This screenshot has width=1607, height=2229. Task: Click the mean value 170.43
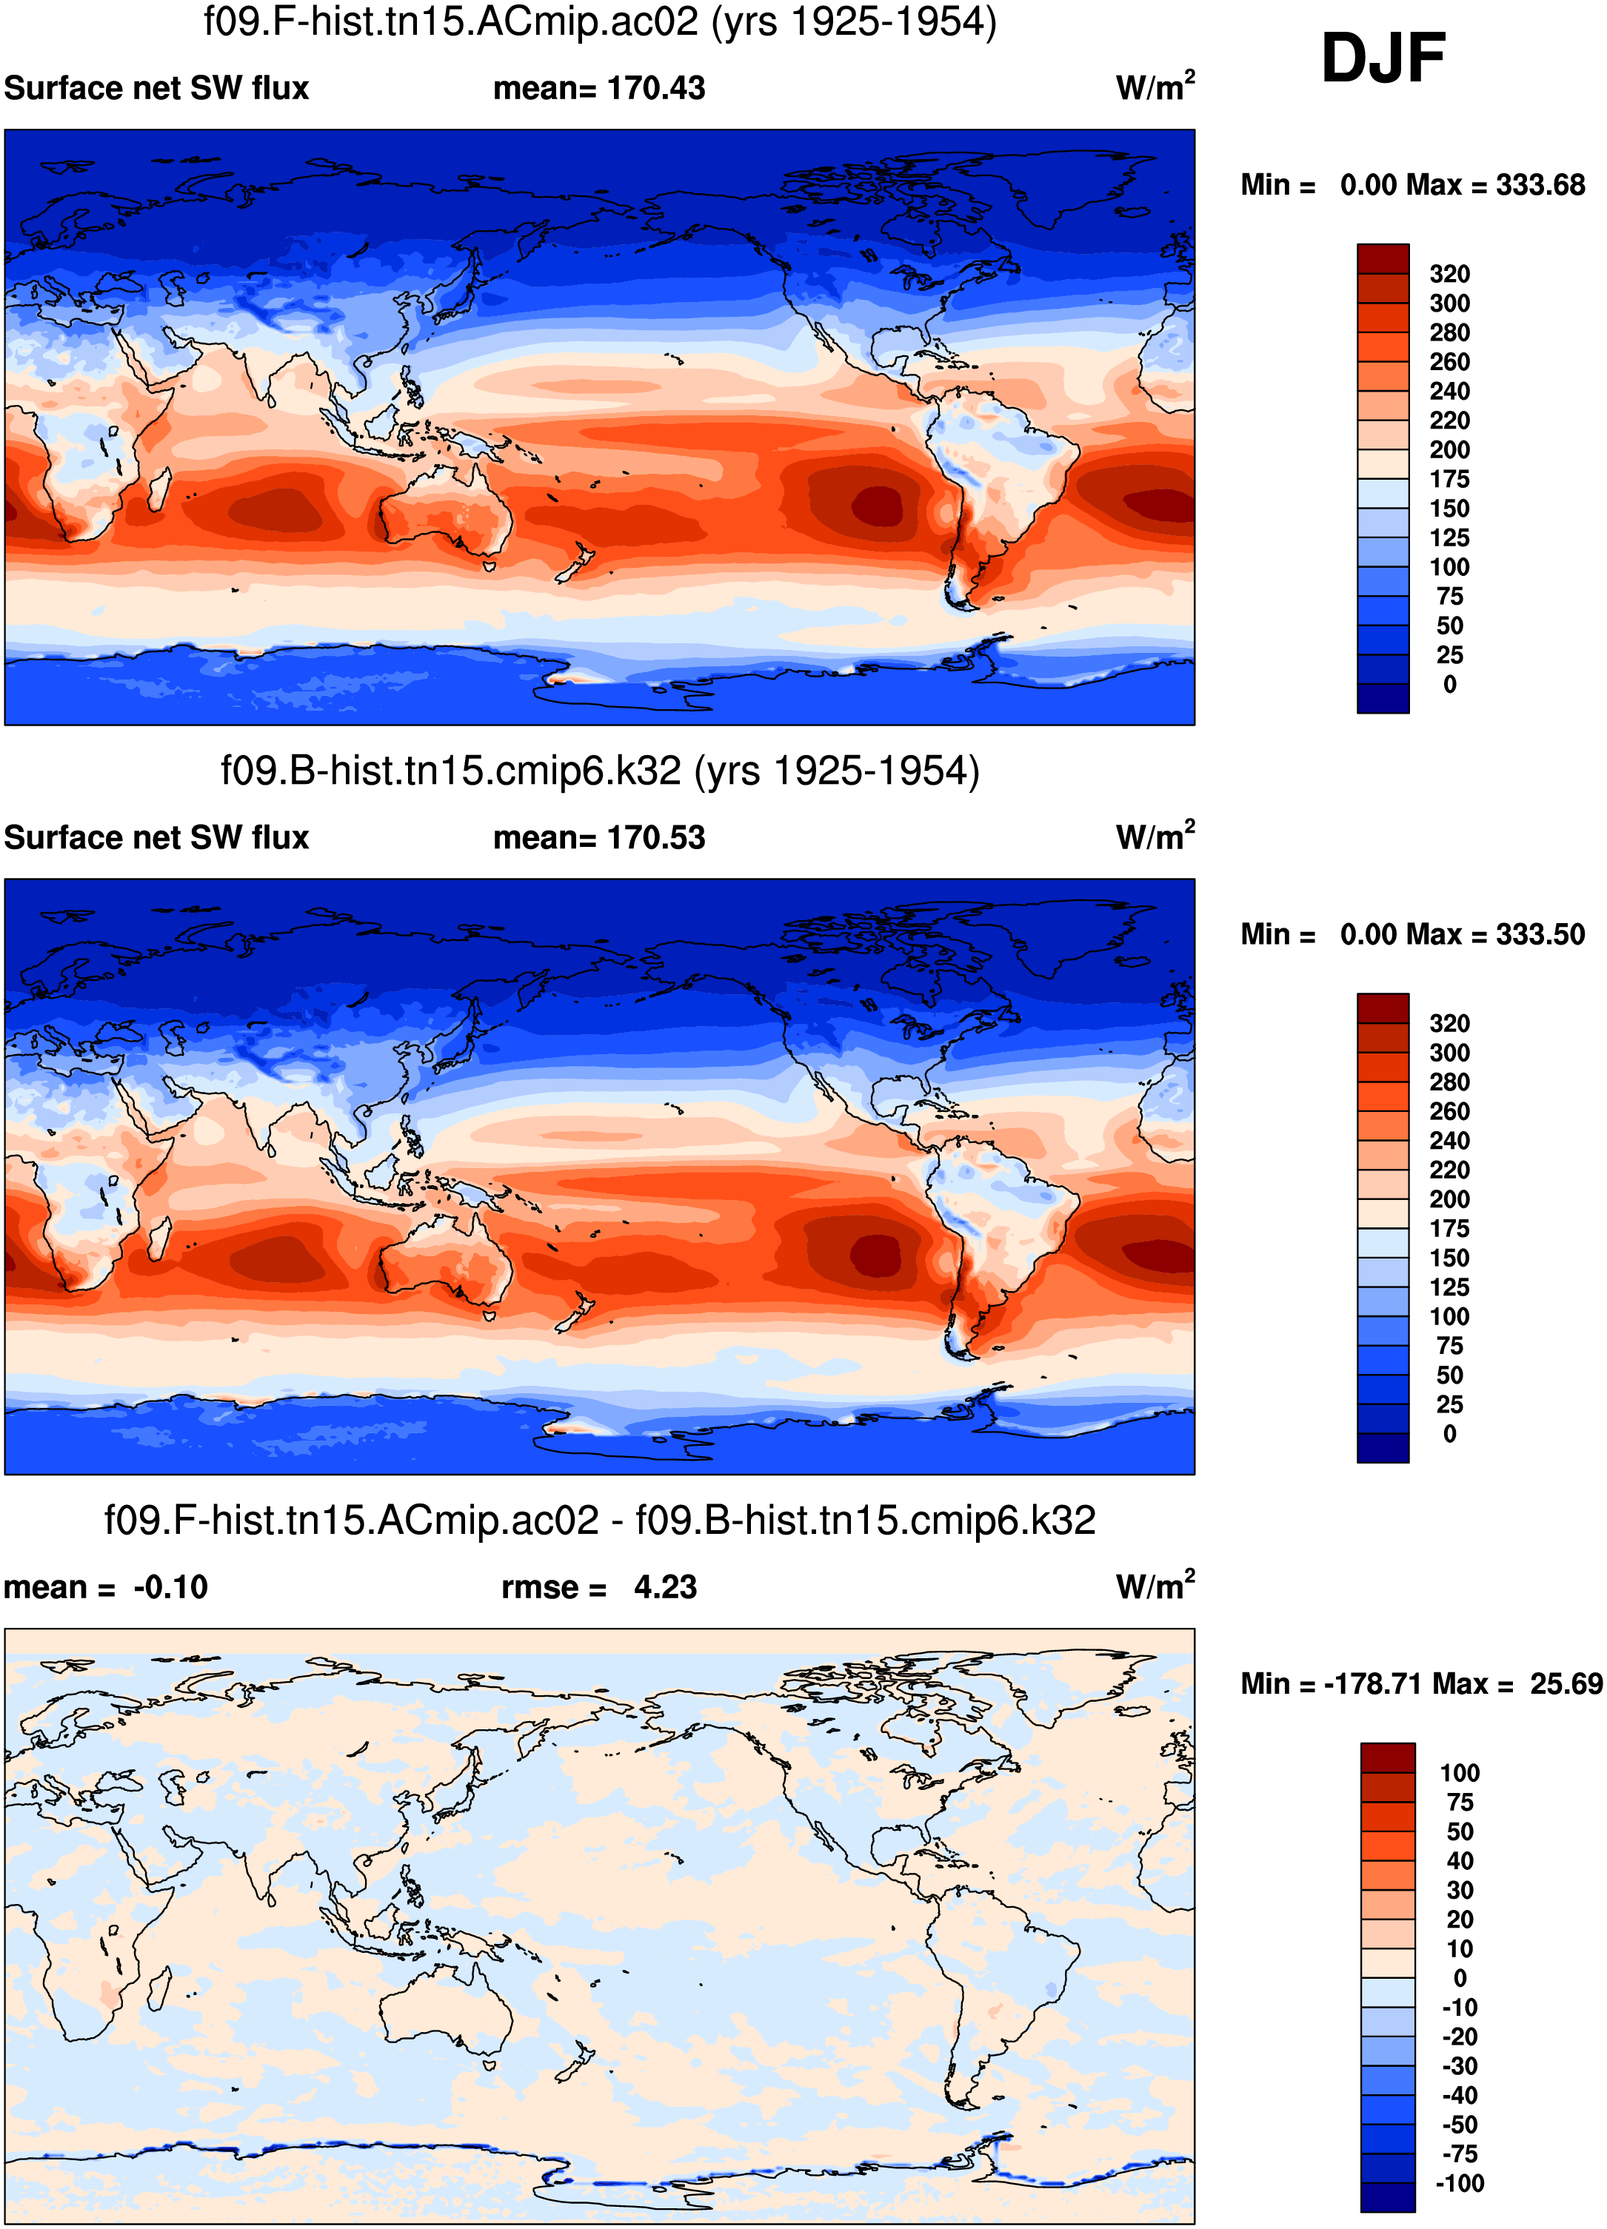pos(655,88)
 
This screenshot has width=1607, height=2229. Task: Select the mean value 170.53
pos(655,837)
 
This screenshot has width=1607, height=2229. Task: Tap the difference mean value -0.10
pos(170,1587)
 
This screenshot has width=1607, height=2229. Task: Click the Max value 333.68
pos(1540,185)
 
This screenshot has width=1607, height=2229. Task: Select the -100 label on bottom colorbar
pos(1459,2184)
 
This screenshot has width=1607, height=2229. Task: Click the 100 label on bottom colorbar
pos(1459,1773)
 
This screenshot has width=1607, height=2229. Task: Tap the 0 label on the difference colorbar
pos(1459,1978)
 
